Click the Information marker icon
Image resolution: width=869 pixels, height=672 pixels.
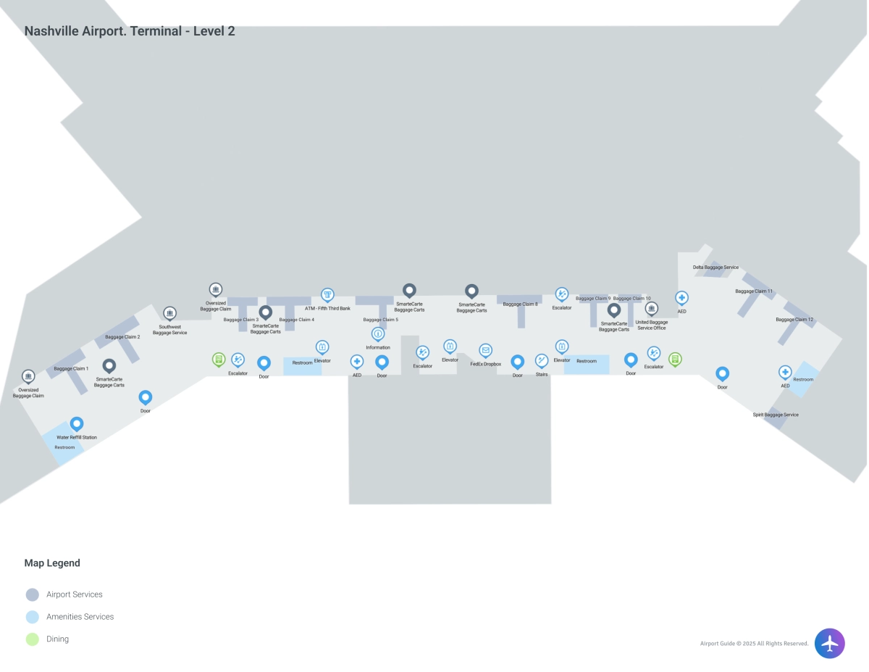pyautogui.click(x=378, y=333)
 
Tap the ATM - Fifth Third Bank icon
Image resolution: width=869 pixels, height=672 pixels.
pyautogui.click(x=327, y=294)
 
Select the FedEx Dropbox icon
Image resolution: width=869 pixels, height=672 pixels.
pyautogui.click(x=486, y=350)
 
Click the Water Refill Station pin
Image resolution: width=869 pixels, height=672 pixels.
pyautogui.click(x=77, y=423)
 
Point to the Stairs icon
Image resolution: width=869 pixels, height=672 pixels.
pyautogui.click(x=542, y=360)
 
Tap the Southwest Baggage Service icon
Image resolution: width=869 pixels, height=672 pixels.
pyautogui.click(x=169, y=313)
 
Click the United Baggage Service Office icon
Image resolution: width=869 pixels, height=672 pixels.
pyautogui.click(x=651, y=308)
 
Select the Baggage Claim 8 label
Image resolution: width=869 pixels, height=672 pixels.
pyautogui.click(x=520, y=304)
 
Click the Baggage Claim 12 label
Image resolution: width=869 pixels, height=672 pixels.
pyautogui.click(x=794, y=320)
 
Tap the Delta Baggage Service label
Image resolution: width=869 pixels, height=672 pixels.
pyautogui.click(x=715, y=267)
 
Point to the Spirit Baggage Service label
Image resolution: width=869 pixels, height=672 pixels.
pyautogui.click(x=776, y=415)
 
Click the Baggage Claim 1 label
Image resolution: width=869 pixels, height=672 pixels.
pyautogui.click(x=71, y=369)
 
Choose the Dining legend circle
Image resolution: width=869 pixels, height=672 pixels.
pyautogui.click(x=32, y=639)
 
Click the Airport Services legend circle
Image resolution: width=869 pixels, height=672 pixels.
pyautogui.click(x=32, y=594)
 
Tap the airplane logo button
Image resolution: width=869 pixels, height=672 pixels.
pyautogui.click(x=829, y=643)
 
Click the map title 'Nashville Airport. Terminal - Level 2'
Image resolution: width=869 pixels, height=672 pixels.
pyautogui.click(x=130, y=31)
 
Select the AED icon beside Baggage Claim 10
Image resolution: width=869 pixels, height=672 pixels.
pyautogui.click(x=681, y=297)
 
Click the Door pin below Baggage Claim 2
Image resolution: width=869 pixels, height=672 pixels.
pyautogui.click(x=146, y=397)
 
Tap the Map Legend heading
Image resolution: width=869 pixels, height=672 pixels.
pyautogui.click(x=52, y=563)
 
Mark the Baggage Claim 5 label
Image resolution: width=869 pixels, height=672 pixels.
pyautogui.click(x=380, y=320)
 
